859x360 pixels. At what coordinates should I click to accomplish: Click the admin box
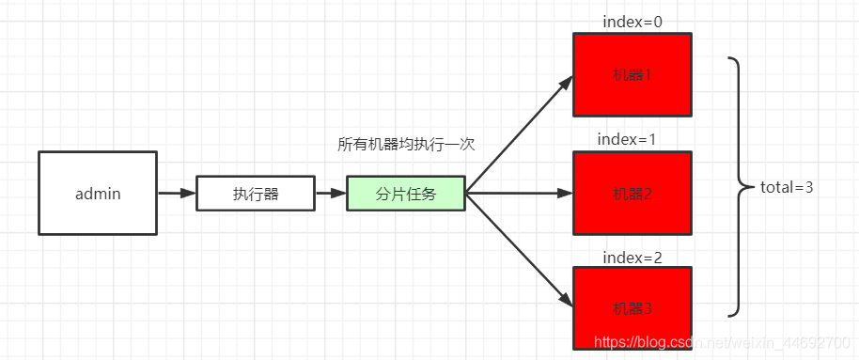point(98,193)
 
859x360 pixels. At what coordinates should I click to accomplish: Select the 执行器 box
point(256,194)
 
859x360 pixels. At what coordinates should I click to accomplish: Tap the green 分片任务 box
point(406,194)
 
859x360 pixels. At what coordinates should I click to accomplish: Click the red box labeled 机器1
point(632,73)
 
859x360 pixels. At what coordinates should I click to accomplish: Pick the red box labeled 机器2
point(632,193)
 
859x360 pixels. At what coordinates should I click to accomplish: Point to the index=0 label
point(632,21)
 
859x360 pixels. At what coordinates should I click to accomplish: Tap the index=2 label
point(632,257)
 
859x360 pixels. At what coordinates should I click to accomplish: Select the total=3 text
point(787,187)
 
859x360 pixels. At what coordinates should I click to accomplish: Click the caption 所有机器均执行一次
point(406,145)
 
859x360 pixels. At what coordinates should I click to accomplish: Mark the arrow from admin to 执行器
point(176,194)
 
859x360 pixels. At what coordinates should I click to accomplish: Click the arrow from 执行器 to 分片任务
point(331,194)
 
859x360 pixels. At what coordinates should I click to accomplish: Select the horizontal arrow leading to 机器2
point(520,194)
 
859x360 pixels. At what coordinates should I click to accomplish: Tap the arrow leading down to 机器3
point(520,251)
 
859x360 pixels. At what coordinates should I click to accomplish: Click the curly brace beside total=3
point(738,186)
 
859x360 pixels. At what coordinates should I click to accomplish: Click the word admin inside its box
point(98,194)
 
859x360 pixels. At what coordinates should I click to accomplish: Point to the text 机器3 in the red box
point(632,307)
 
